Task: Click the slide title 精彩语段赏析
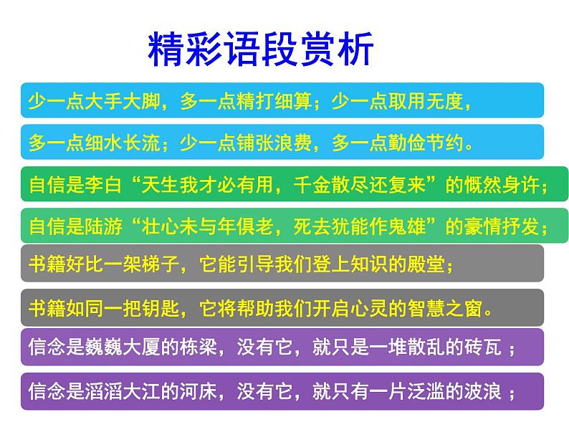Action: (x=261, y=49)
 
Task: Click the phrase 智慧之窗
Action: (x=455, y=309)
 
